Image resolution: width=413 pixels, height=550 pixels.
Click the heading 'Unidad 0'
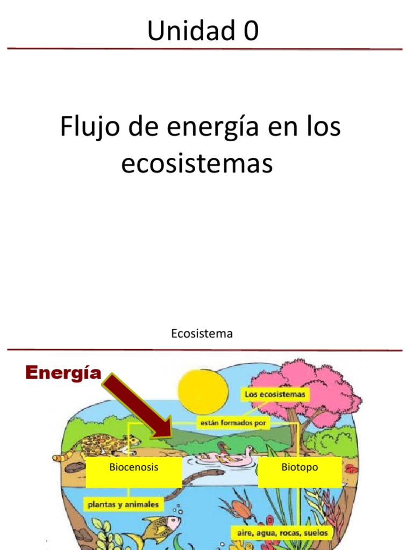pos(203,31)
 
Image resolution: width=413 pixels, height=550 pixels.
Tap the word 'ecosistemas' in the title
pos(197,164)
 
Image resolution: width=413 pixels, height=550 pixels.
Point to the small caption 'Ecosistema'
pos(202,334)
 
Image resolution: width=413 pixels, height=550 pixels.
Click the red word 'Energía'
pos(63,372)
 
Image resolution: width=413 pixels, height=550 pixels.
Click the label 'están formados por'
pos(233,422)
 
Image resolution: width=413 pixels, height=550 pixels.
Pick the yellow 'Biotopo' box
pos(300,472)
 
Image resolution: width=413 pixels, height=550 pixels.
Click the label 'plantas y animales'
pos(124,504)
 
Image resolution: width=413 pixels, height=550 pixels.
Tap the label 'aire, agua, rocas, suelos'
pos(282,533)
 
